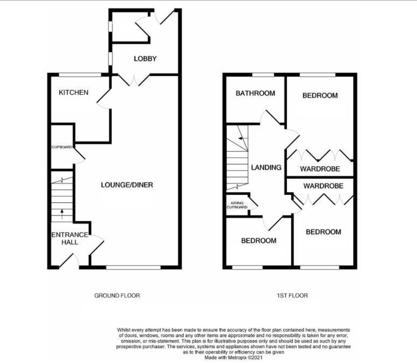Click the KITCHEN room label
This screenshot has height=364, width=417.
click(x=74, y=93)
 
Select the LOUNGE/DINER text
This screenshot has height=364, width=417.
click(x=127, y=185)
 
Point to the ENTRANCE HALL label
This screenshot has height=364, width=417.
click(x=69, y=239)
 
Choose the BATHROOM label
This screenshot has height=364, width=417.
click(x=255, y=93)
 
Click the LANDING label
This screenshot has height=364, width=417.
click(x=266, y=167)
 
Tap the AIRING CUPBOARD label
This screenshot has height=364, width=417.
click(x=237, y=205)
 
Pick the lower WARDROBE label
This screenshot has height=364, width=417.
click(x=320, y=186)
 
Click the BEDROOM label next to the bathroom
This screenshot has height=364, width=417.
click(x=320, y=96)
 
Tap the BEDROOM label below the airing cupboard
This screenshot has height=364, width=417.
click(x=259, y=241)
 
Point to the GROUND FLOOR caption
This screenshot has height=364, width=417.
click(x=117, y=296)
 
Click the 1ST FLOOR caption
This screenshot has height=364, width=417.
click(x=293, y=296)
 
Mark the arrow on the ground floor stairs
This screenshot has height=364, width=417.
click(x=62, y=212)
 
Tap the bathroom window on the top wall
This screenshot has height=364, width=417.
click(x=263, y=75)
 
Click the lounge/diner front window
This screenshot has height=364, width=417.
click(x=133, y=267)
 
